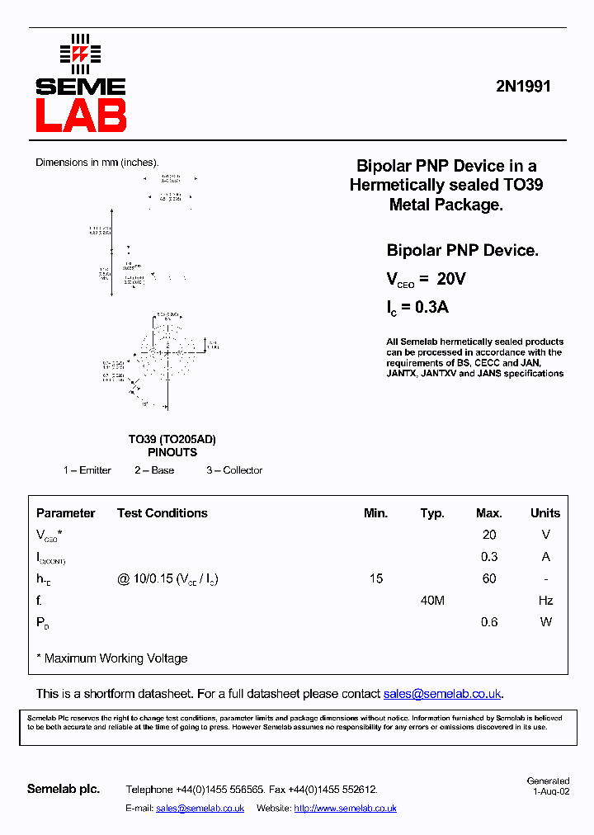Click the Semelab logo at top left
(x=80, y=83)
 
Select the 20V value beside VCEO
(x=451, y=280)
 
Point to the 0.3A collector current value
(x=431, y=307)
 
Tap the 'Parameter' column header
(x=66, y=513)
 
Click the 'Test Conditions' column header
(x=163, y=513)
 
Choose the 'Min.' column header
(x=375, y=513)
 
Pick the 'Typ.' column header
(x=432, y=513)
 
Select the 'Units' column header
(x=545, y=513)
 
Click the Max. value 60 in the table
(x=489, y=578)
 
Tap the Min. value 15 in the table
(x=376, y=578)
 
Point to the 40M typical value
(x=432, y=601)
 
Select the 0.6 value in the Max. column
(x=489, y=622)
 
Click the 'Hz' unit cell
(x=545, y=601)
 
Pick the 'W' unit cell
(x=545, y=622)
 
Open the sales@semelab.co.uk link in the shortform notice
(x=442, y=694)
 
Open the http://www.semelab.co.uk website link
(x=345, y=809)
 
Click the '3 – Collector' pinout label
(x=234, y=470)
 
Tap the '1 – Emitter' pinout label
(x=87, y=470)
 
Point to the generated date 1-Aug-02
(x=550, y=791)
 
